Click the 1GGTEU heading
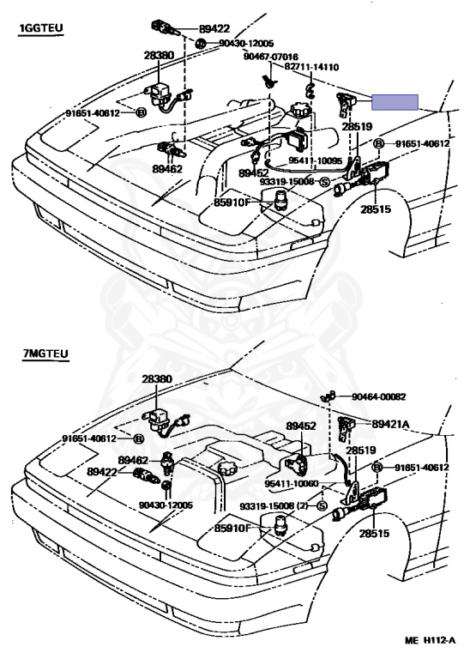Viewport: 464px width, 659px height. [x=41, y=28]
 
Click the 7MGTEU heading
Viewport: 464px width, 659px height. [x=45, y=354]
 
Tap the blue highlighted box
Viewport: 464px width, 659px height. [x=395, y=102]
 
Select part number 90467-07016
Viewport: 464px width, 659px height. [x=271, y=57]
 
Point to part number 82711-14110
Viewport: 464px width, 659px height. [x=311, y=67]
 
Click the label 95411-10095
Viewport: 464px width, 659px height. [x=315, y=160]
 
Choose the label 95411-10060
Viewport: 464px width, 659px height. [x=292, y=484]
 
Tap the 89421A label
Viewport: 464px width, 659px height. [x=390, y=424]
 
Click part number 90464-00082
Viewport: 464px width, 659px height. [x=379, y=396]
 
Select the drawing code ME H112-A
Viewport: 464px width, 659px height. [x=430, y=640]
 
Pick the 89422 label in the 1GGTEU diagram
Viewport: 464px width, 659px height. [x=214, y=28]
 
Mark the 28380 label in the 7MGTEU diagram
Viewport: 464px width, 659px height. [x=157, y=378]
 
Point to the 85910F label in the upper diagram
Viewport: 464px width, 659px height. [x=232, y=203]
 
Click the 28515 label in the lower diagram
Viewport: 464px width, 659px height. [x=374, y=534]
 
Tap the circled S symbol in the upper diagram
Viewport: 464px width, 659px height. [x=324, y=182]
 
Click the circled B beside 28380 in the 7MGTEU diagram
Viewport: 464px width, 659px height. [x=138, y=438]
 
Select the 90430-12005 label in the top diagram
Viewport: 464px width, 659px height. [x=246, y=43]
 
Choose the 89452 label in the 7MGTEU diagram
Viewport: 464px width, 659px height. [x=301, y=426]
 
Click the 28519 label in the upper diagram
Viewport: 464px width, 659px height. [x=357, y=126]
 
